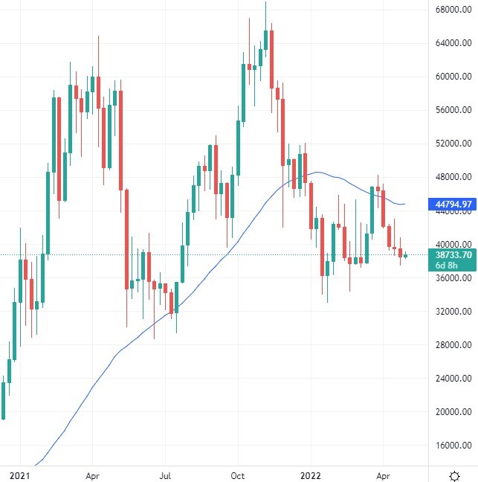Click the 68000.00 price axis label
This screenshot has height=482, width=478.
[452, 10]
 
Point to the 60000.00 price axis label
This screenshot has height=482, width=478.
[452, 77]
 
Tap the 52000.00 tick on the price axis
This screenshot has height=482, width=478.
[452, 144]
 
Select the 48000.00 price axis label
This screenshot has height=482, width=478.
[452, 177]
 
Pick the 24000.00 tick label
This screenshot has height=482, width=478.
[452, 379]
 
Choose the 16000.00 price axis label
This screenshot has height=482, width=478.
[452, 446]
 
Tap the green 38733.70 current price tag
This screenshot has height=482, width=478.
[452, 254]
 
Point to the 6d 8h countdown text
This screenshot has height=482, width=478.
[449, 265]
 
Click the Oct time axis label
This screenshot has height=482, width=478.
[238, 474]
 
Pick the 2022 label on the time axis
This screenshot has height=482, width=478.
[311, 474]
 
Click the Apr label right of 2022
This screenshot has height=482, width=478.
[383, 474]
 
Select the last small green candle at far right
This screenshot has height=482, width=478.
[406, 255]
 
